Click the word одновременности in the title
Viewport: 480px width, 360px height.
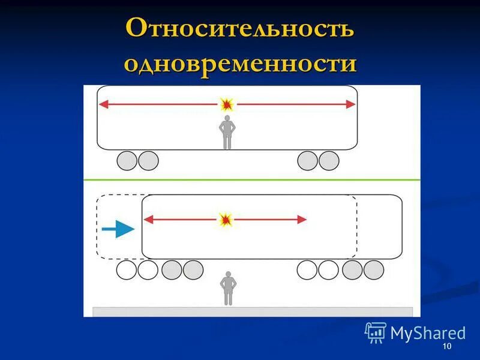[240, 63]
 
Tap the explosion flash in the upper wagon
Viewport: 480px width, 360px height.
[227, 104]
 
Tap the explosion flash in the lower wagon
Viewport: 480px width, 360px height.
[226, 220]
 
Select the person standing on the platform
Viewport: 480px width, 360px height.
[227, 288]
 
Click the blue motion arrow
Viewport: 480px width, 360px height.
[118, 229]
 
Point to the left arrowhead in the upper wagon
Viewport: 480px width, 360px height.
[103, 104]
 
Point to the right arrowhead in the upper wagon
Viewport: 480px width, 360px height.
[350, 104]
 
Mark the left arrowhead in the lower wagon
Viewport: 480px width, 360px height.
[148, 220]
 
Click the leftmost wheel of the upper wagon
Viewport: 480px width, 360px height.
[127, 161]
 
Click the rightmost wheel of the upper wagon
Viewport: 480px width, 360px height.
[329, 161]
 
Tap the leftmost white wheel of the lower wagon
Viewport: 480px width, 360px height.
[127, 270]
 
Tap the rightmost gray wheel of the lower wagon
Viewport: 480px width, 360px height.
[374, 270]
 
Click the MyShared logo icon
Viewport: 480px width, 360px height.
[376, 332]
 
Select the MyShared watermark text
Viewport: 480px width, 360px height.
[428, 333]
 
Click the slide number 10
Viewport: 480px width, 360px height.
[446, 348]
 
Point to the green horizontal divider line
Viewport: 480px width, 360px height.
[252, 179]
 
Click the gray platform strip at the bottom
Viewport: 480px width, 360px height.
[252, 311]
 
